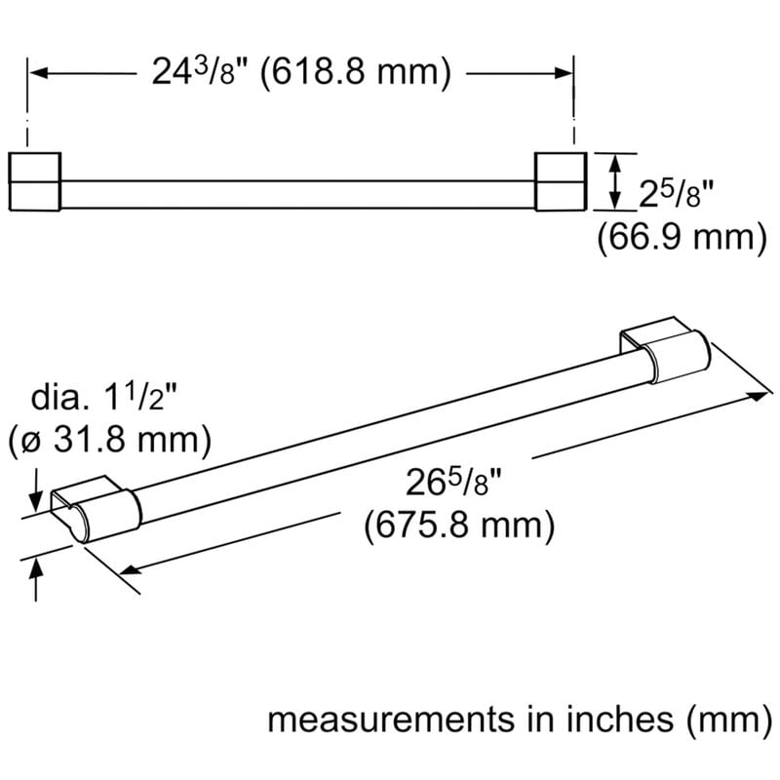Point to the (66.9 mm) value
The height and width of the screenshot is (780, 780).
click(x=680, y=236)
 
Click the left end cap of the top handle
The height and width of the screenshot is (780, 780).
click(x=35, y=181)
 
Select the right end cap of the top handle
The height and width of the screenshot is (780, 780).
click(x=560, y=181)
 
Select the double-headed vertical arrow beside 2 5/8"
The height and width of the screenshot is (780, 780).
click(x=614, y=181)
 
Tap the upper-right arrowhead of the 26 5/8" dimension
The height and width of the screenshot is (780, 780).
click(x=755, y=395)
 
